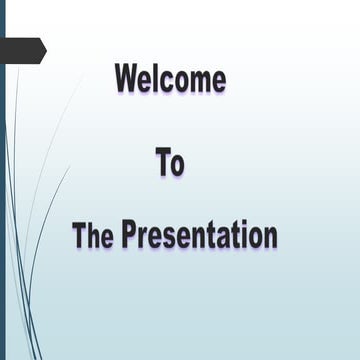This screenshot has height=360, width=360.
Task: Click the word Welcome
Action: pos(170,78)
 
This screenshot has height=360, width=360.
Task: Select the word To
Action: pos(170,162)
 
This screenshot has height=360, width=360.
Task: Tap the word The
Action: pos(94,236)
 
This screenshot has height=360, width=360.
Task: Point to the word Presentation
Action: pos(199,236)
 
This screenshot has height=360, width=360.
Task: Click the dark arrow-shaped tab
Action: pos(20,48)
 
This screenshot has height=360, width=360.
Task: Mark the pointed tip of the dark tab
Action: pos(45,48)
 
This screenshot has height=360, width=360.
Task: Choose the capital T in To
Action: pos(163,162)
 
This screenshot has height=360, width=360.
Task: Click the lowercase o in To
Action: pos(177,165)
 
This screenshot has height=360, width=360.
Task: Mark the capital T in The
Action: pos(80,236)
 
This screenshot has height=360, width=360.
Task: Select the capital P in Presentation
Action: pos(129,236)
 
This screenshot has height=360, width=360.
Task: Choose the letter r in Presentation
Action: pos(142,239)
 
